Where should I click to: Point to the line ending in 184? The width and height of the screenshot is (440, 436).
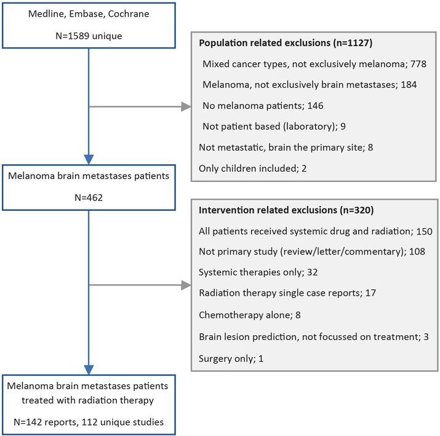(x=310, y=85)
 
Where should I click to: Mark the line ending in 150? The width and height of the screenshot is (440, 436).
(x=316, y=231)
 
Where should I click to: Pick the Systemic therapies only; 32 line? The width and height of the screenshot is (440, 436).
(x=256, y=272)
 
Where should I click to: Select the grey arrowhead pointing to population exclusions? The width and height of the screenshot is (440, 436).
(x=186, y=107)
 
